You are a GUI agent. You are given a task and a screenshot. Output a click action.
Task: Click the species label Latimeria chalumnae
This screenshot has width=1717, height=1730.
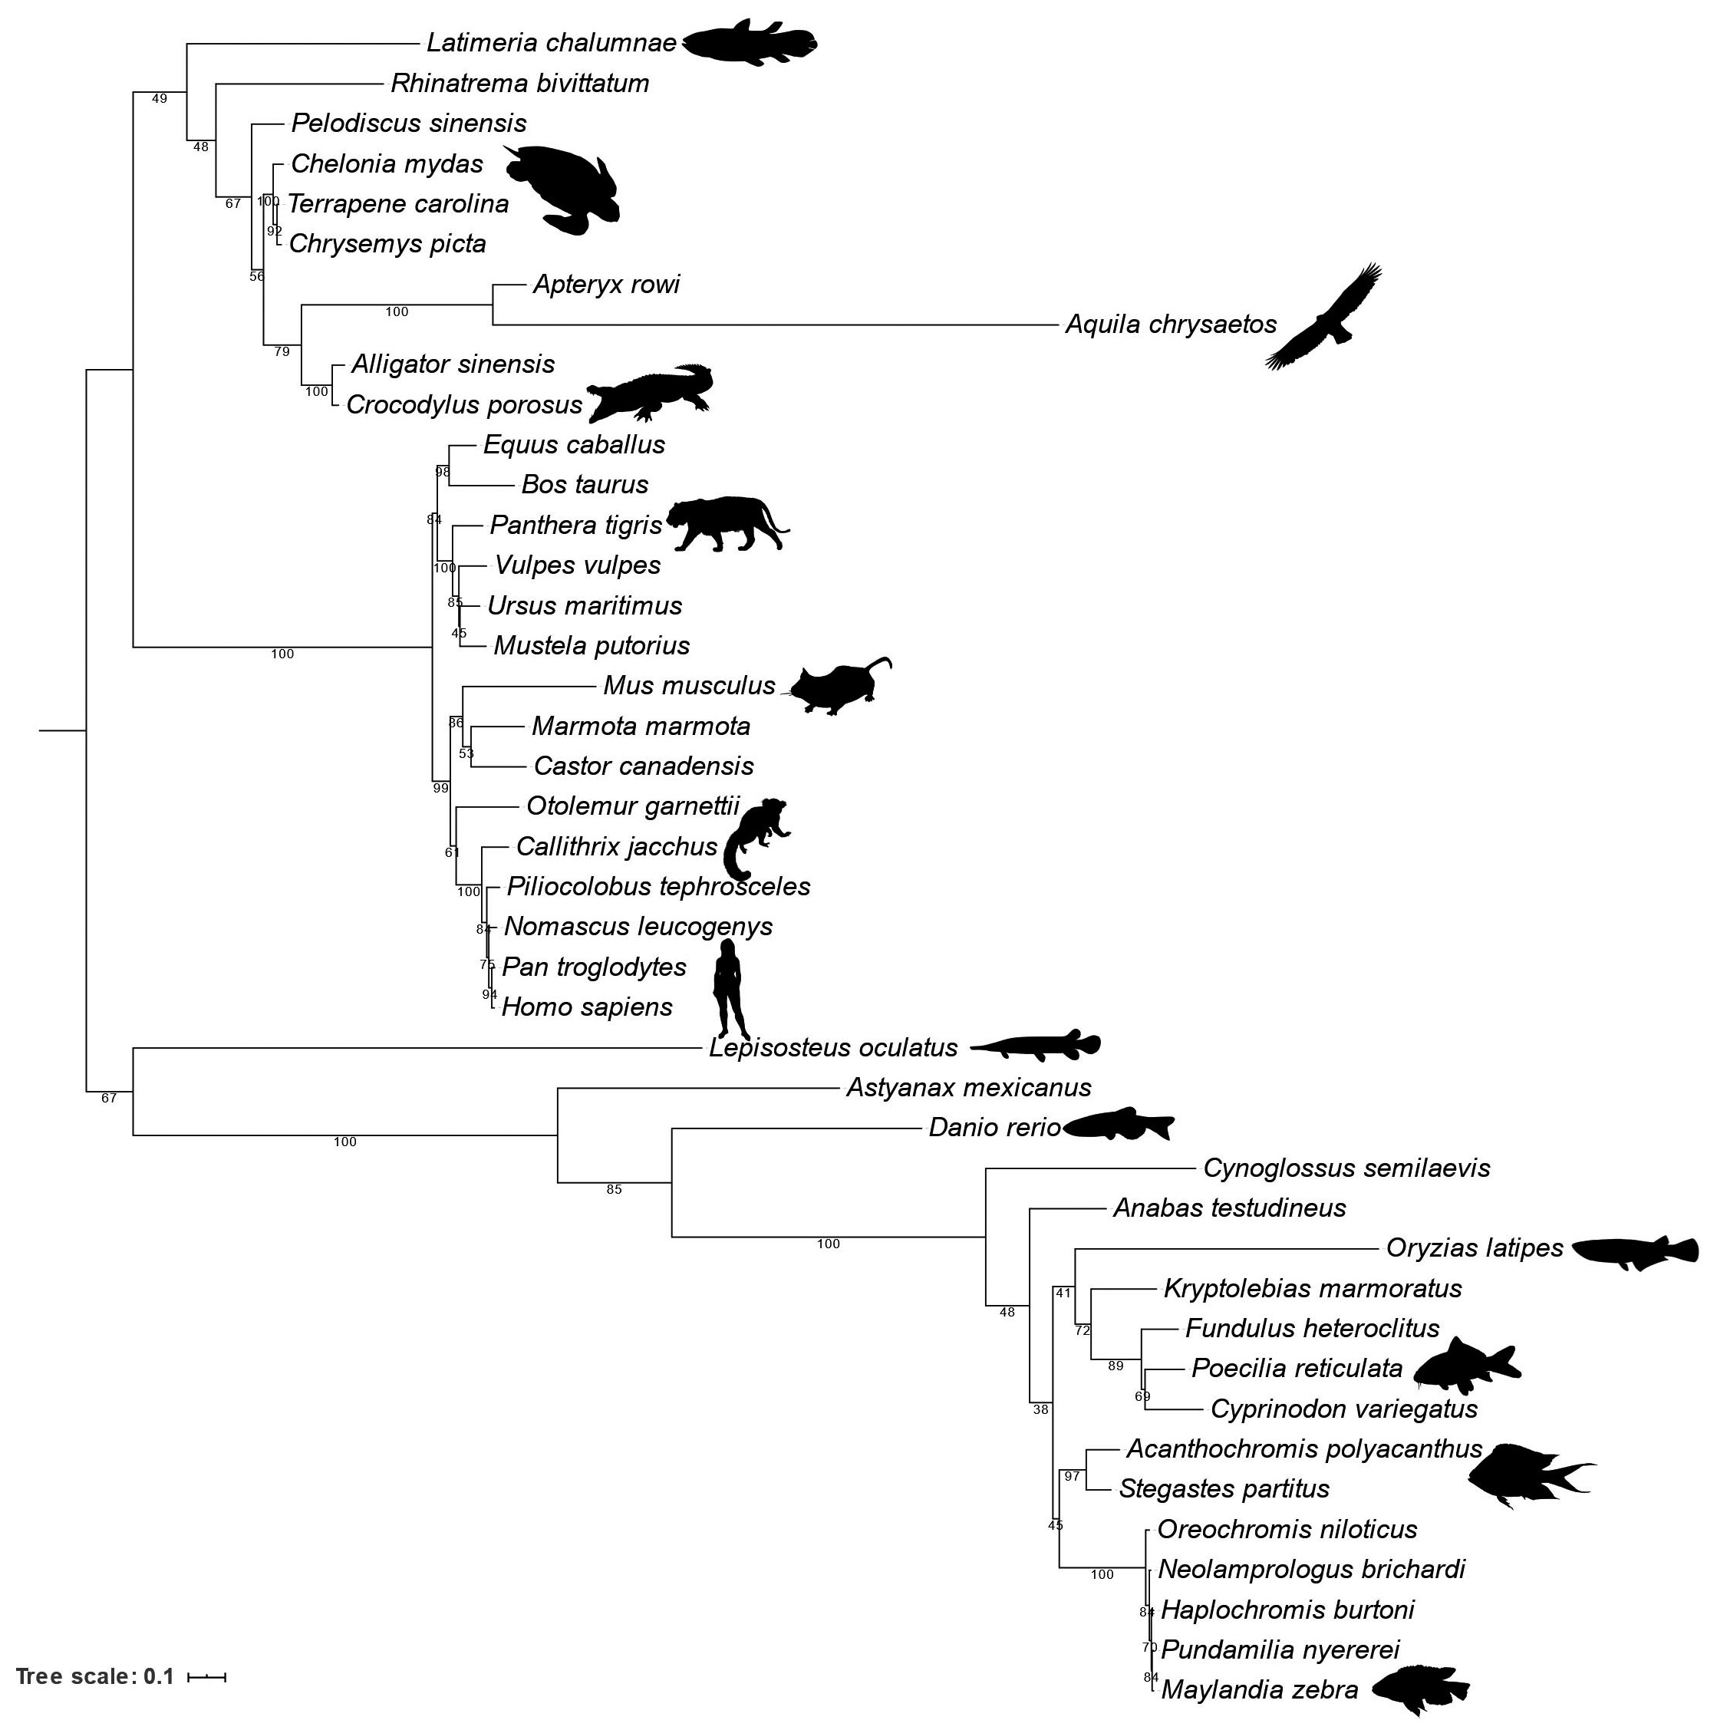[551, 43]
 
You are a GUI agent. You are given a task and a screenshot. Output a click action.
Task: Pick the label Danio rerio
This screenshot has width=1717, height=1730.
[994, 1127]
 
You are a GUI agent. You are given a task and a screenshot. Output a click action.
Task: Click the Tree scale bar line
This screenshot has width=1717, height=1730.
[206, 1676]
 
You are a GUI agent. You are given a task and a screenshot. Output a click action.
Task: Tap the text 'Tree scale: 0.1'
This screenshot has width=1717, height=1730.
[95, 1676]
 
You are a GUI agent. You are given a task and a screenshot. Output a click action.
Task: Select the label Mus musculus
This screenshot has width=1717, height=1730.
[689, 686]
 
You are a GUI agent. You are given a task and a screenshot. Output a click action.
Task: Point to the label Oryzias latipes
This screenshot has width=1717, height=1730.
[1475, 1248]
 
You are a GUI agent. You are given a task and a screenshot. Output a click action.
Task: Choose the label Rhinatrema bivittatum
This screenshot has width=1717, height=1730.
[519, 84]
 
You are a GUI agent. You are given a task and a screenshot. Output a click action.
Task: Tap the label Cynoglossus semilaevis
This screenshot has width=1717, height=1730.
[1346, 1168]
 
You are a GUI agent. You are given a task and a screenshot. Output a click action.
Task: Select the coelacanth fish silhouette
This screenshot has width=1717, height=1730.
[750, 43]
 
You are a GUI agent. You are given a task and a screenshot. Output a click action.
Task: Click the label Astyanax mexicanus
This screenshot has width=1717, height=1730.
[968, 1088]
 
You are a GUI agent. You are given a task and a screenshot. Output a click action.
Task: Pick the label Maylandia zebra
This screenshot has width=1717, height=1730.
[1259, 1689]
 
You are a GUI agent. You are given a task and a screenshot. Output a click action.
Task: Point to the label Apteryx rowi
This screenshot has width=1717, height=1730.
[606, 285]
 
